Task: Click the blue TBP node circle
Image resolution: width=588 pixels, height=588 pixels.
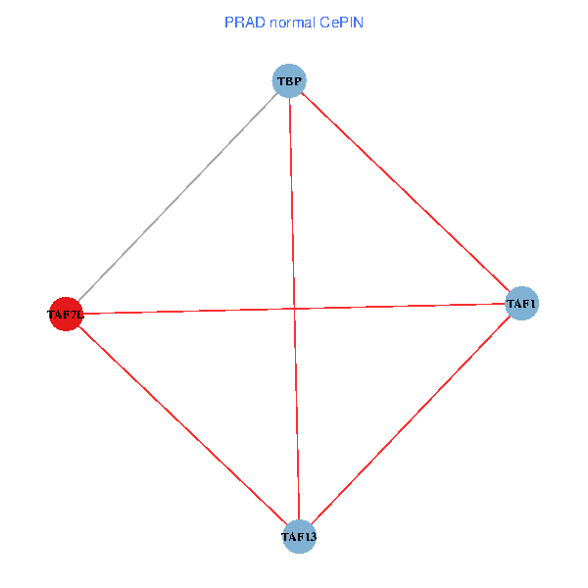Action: point(289,81)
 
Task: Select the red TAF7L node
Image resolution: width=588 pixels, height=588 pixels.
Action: point(66,315)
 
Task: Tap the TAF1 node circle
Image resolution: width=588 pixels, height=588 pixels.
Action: point(521,304)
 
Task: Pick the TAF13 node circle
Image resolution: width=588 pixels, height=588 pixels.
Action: point(299,536)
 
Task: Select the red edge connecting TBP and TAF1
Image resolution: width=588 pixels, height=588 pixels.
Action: point(406,193)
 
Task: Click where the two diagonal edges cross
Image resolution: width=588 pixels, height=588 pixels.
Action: point(294,309)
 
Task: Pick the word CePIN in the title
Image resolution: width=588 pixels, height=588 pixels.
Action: point(341,22)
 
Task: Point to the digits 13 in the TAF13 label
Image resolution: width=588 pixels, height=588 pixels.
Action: point(309,537)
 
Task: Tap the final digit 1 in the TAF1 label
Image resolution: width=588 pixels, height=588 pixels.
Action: point(533,305)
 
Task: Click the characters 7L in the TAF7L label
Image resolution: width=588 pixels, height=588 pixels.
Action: point(77,316)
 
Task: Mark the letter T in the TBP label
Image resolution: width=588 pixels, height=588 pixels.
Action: point(280,81)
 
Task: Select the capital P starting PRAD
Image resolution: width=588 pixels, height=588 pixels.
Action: point(228,22)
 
